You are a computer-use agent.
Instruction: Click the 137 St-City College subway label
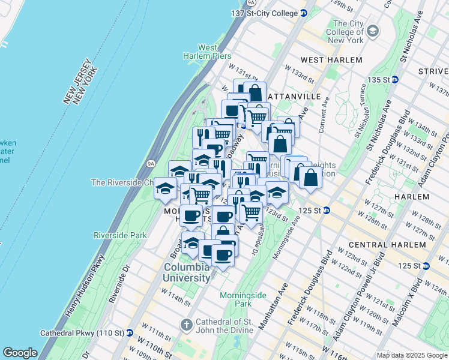[264, 13]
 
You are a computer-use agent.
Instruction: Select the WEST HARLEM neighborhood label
[331, 60]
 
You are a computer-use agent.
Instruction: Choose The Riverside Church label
[122, 182]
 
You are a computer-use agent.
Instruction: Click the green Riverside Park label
[120, 236]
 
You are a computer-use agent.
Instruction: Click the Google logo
[20, 353]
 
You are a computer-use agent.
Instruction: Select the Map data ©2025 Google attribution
[412, 355]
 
